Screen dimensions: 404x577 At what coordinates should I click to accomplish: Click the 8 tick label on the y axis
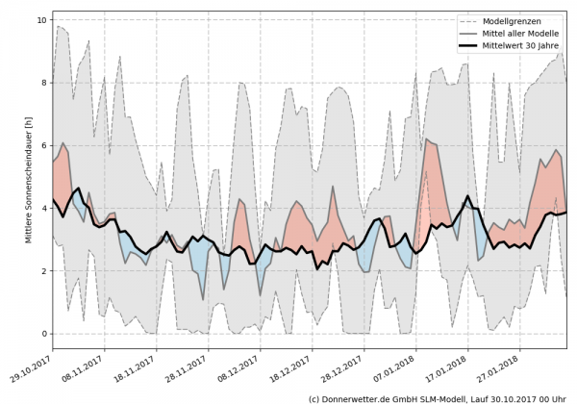pyautogui.click(x=44, y=83)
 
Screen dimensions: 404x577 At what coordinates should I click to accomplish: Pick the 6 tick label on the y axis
pyautogui.click(x=44, y=145)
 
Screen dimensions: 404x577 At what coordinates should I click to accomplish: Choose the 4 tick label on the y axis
pyautogui.click(x=44, y=208)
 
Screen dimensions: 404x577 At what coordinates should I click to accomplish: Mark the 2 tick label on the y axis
pyautogui.click(x=44, y=271)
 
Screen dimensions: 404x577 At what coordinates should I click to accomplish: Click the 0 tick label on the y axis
pyautogui.click(x=44, y=334)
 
